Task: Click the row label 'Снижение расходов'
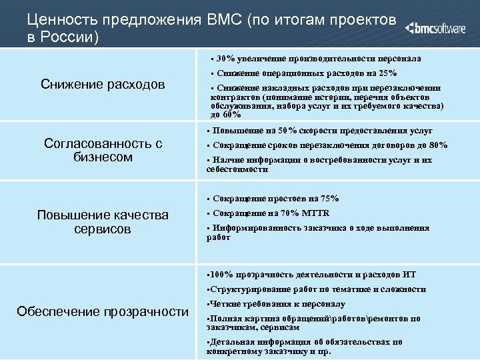(x=103, y=84)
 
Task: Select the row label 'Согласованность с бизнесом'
(x=103, y=150)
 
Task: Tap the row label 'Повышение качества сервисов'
(x=103, y=221)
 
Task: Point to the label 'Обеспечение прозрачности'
(x=103, y=311)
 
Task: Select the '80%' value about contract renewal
(x=437, y=145)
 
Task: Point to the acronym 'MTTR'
(x=315, y=213)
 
